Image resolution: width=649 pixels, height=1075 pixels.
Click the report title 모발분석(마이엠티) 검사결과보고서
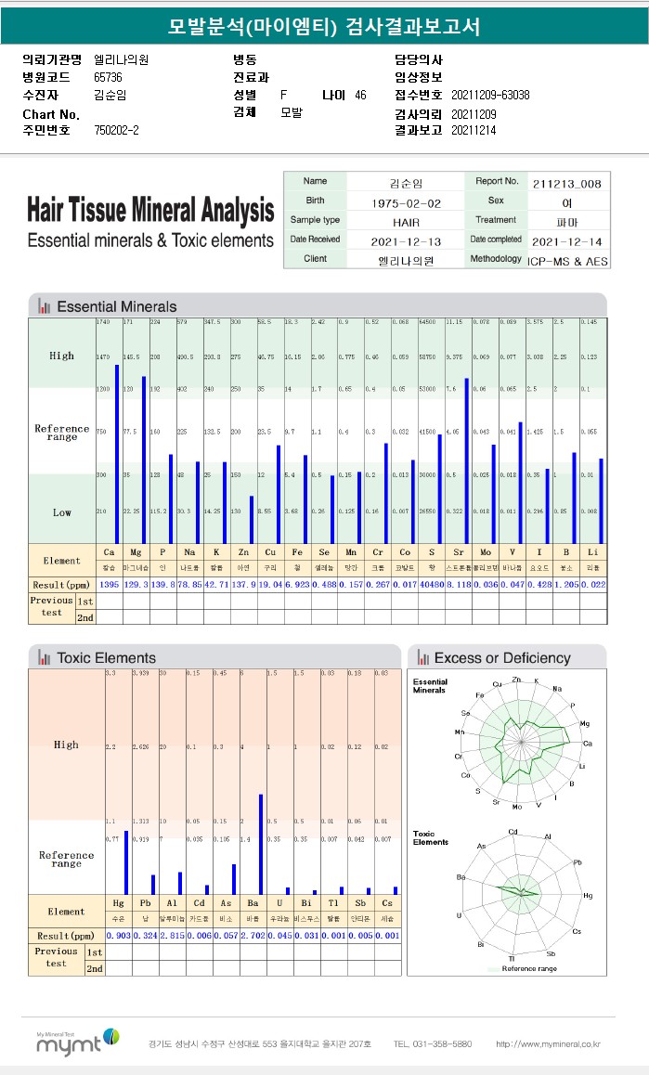324,26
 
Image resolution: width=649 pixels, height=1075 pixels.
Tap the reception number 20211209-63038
489,96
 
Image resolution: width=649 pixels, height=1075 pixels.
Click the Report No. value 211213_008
567,184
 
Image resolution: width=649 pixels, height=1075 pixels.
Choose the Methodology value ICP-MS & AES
567,261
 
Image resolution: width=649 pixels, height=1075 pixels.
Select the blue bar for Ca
117,454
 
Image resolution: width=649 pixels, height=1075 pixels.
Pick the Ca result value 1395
109,584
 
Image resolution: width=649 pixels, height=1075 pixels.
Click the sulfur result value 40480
432,584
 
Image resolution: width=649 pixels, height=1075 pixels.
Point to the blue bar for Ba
261,844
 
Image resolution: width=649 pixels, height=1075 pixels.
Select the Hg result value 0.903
119,935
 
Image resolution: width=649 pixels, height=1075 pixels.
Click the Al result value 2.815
173,935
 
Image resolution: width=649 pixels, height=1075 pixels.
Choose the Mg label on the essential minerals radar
584,723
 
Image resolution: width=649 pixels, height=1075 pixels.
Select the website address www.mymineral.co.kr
548,1044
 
